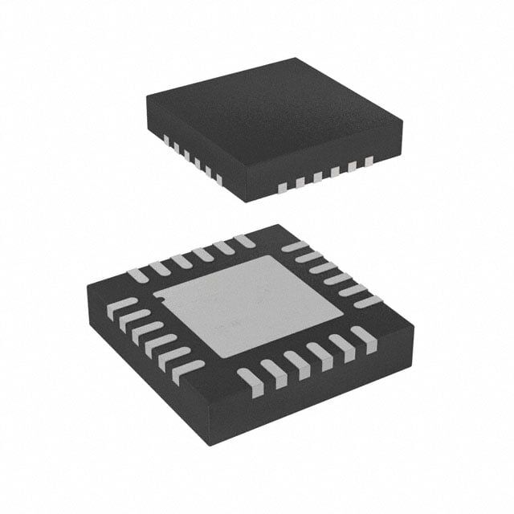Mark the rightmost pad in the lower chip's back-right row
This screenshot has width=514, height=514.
[367, 302]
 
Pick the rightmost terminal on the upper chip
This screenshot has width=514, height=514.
[369, 161]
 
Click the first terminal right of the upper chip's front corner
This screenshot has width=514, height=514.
[282, 188]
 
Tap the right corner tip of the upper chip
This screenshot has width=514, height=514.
[402, 120]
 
